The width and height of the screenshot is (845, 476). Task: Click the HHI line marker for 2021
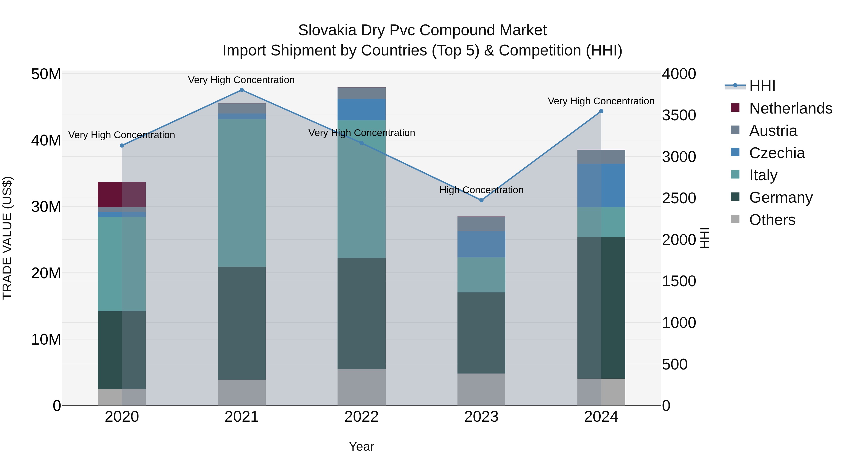coord(242,90)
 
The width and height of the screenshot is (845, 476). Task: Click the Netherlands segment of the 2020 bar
coord(122,194)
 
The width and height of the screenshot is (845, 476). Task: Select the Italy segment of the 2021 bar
coord(242,193)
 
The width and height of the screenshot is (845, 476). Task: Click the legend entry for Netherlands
coord(791,108)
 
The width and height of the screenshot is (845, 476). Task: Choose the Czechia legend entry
coord(777,153)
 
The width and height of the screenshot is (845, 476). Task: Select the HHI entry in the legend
coord(762,86)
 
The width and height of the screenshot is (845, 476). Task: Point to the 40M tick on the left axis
coord(46,141)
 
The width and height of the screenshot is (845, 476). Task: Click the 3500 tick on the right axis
coord(679,115)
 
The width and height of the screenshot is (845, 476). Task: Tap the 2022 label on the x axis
coord(361,417)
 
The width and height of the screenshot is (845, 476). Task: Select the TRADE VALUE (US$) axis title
coord(7,238)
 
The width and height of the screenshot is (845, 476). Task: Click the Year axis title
coord(361,446)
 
